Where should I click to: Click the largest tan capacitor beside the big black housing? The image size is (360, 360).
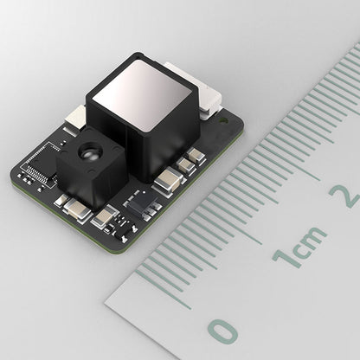click(168, 181)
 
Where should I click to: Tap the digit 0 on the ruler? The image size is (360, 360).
click(224, 331)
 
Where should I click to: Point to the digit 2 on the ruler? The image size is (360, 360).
click(349, 194)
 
